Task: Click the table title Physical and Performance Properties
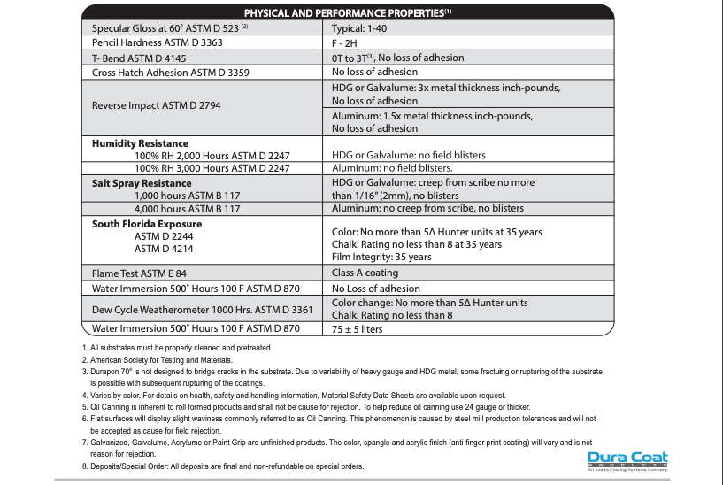coord(347,13)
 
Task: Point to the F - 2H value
coord(347,42)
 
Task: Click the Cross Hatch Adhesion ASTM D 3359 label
coord(173,72)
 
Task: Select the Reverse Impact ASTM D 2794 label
coord(157,105)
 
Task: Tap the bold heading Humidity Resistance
coord(140,142)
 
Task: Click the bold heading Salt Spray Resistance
coord(142,183)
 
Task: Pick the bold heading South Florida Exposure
coord(147,224)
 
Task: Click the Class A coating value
coord(365,273)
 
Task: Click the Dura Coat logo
coord(627,461)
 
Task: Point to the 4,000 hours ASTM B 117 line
coord(187,209)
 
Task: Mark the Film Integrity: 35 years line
coord(381,257)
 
